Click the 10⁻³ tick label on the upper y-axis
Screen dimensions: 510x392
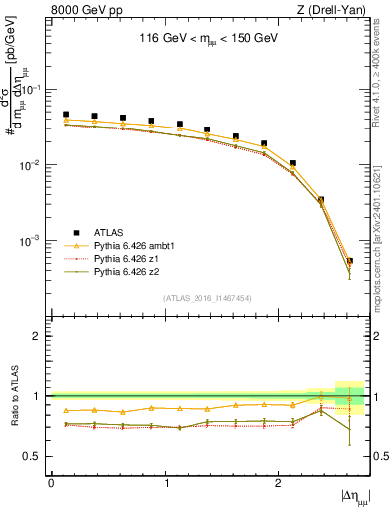coord(34,241)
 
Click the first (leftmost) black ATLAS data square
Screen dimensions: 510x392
coord(66,115)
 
